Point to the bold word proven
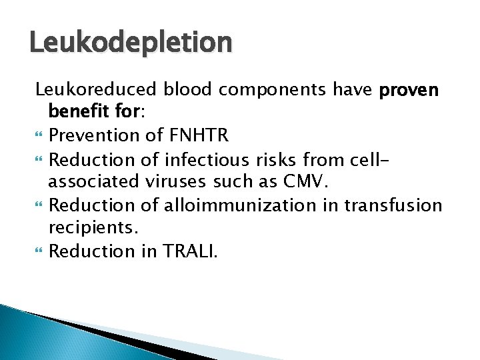[409, 89]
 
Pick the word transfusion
[393, 205]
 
